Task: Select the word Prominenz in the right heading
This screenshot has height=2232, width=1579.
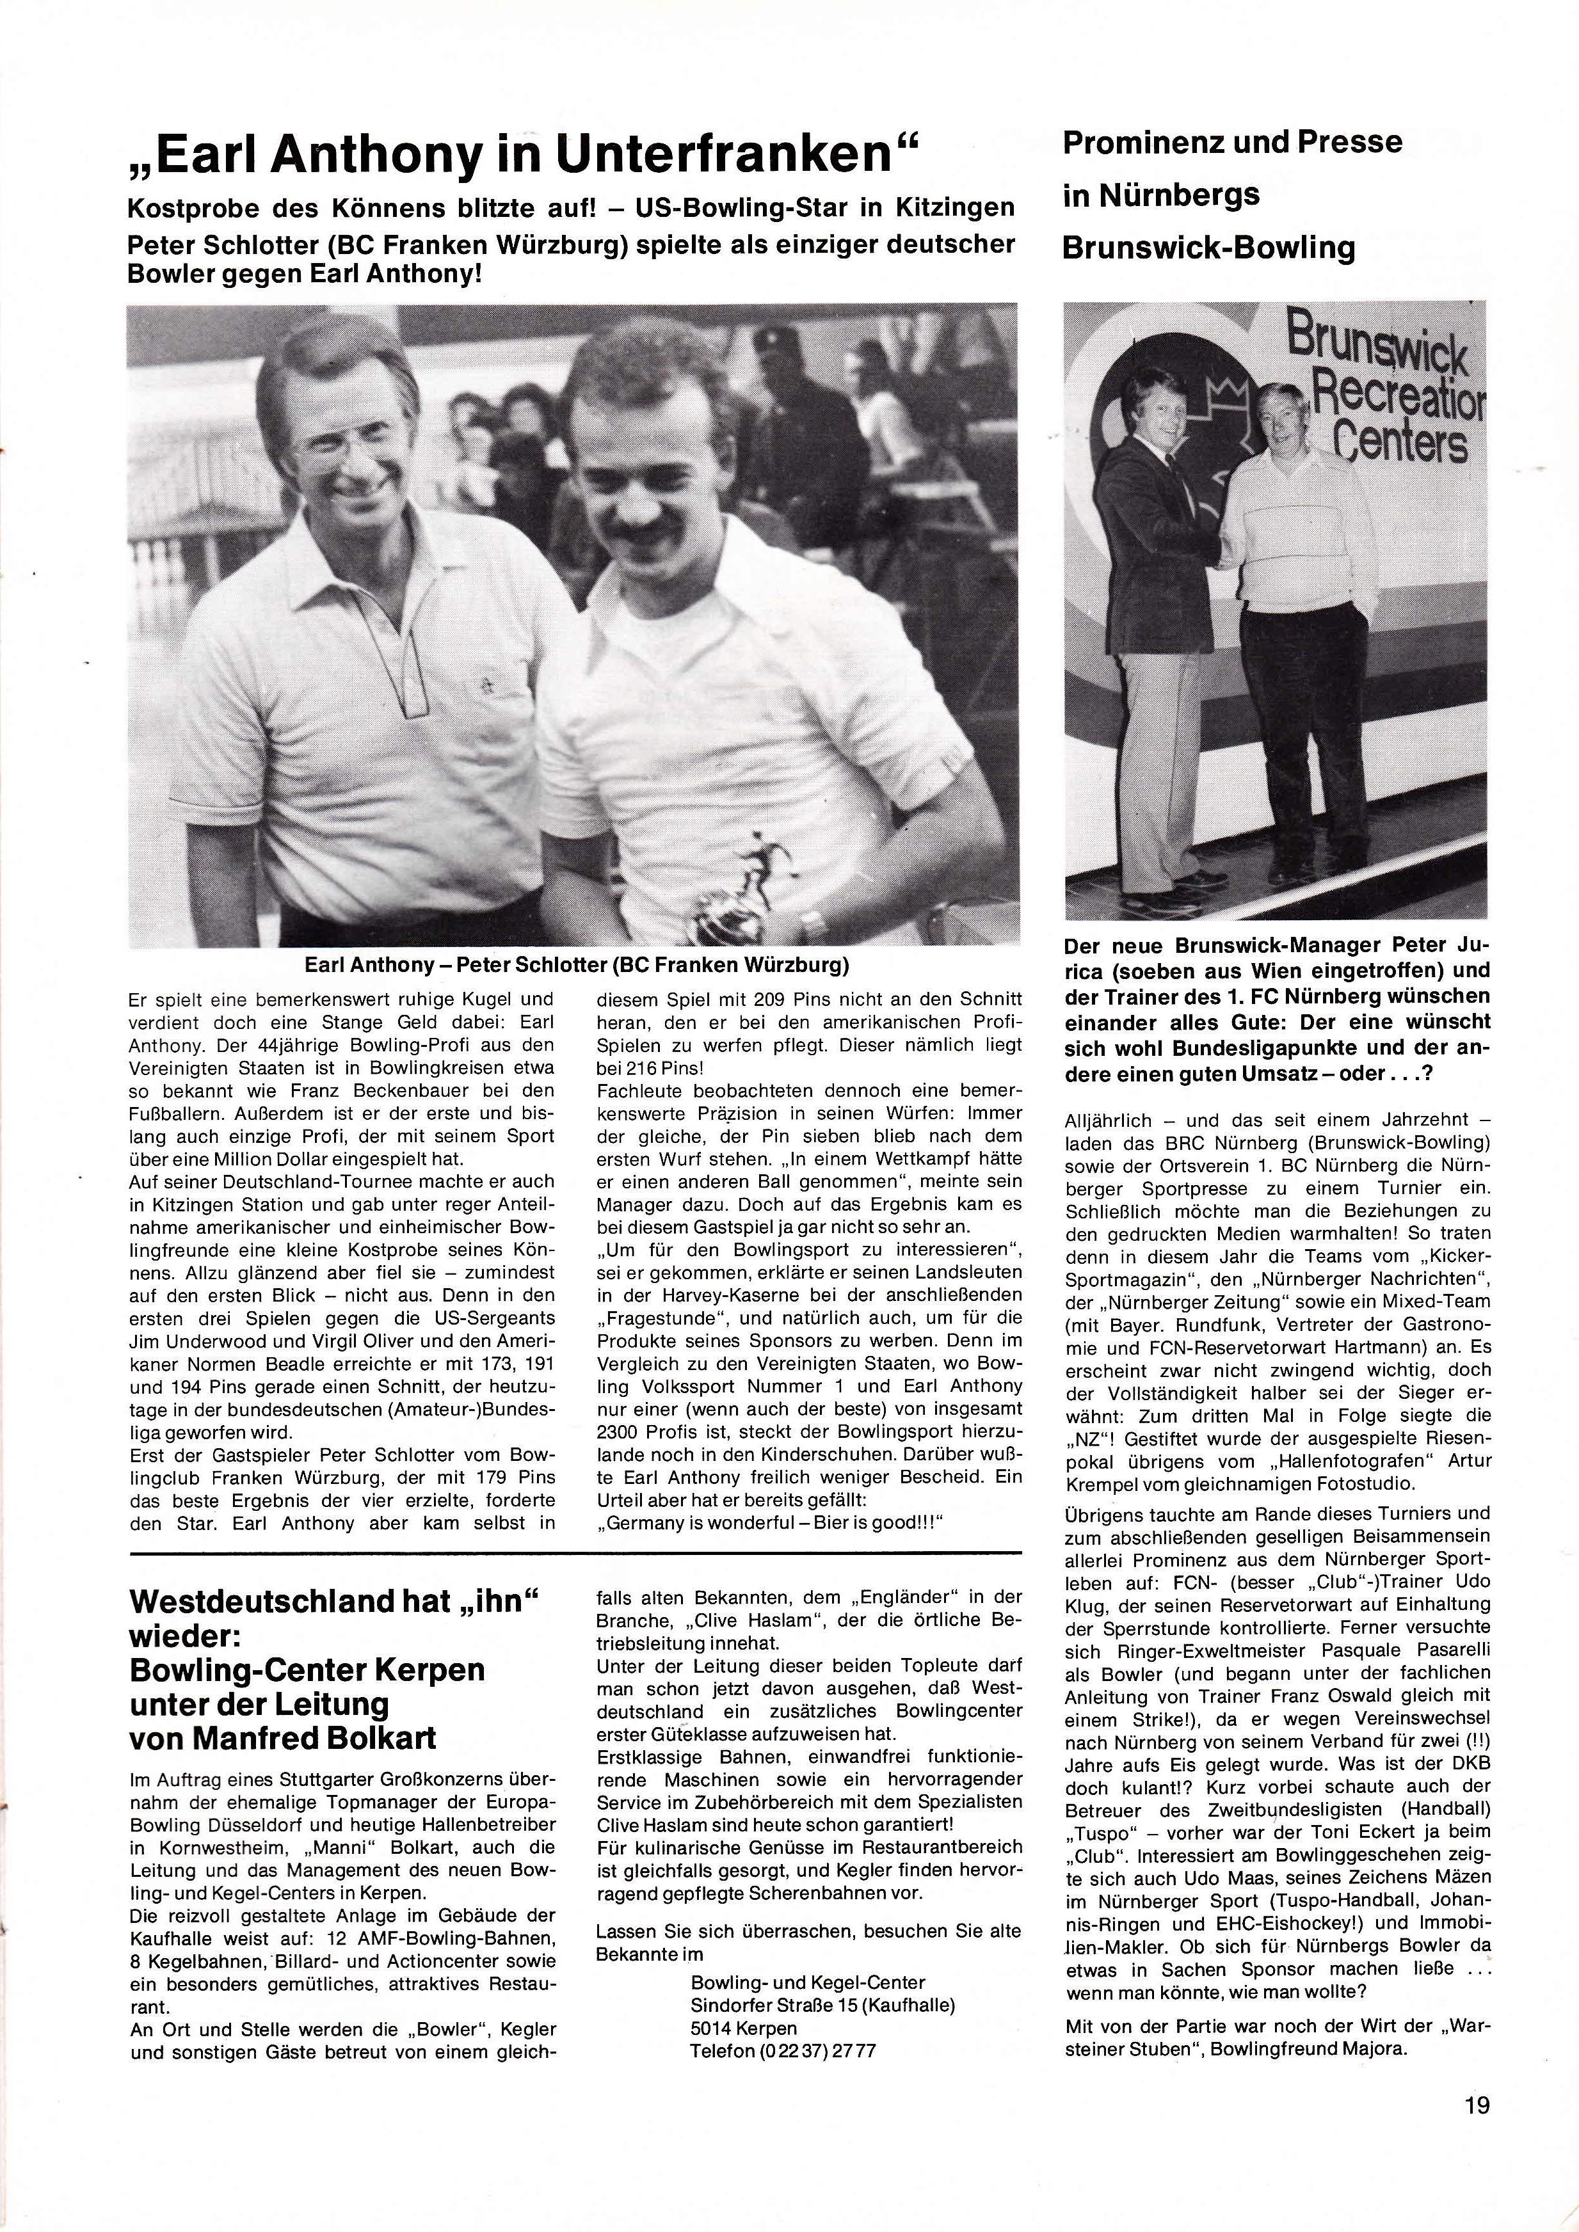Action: pos(1135,142)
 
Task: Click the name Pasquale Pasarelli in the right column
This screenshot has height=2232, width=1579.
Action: pos(1390,1650)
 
